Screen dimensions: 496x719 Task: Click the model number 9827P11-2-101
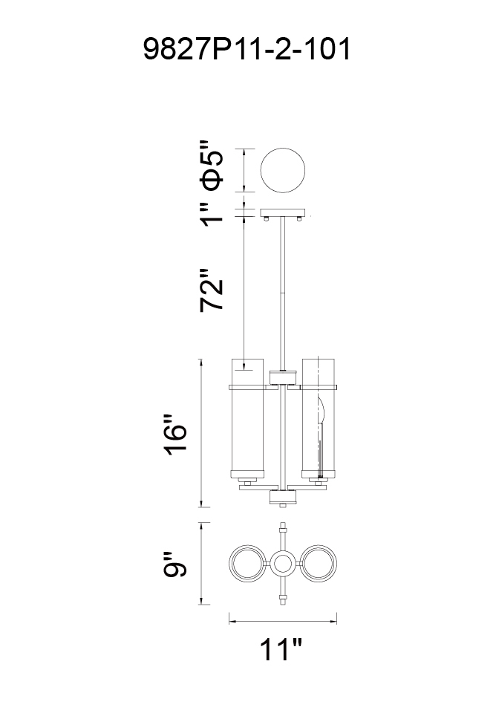[x=247, y=49]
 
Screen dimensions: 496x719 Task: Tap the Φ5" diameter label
[x=212, y=166]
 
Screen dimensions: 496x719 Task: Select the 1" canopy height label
[x=212, y=214]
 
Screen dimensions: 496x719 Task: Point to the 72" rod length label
[x=212, y=290]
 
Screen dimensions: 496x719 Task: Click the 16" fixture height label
[x=176, y=435]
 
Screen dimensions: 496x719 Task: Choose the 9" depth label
[x=175, y=564]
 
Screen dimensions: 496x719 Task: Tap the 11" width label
[x=281, y=649]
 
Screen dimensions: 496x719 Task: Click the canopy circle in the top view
[x=282, y=171]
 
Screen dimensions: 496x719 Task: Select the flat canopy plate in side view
[x=282, y=212]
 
